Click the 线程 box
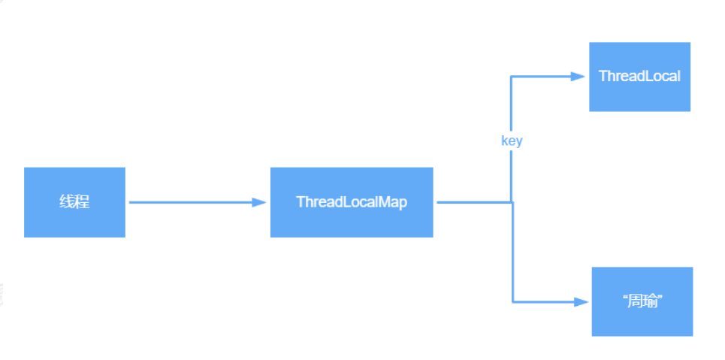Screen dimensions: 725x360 click(x=74, y=202)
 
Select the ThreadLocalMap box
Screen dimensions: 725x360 click(x=352, y=202)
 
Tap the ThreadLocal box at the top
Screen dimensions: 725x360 click(x=639, y=77)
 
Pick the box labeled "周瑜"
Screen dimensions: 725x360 click(x=642, y=301)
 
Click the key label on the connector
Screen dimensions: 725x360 click(x=512, y=141)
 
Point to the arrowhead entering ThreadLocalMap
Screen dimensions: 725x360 click(x=260, y=202)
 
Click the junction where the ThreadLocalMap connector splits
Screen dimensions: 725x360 click(x=512, y=202)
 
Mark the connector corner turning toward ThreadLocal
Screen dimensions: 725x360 click(x=512, y=77)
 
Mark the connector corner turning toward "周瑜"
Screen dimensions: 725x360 click(x=512, y=301)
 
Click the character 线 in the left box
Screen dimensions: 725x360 click(x=67, y=202)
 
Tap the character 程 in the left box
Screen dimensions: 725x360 click(x=82, y=202)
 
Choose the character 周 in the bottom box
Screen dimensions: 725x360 click(x=636, y=301)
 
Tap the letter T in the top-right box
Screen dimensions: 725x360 click(x=603, y=77)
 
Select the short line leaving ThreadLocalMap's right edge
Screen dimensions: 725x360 click(x=473, y=202)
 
